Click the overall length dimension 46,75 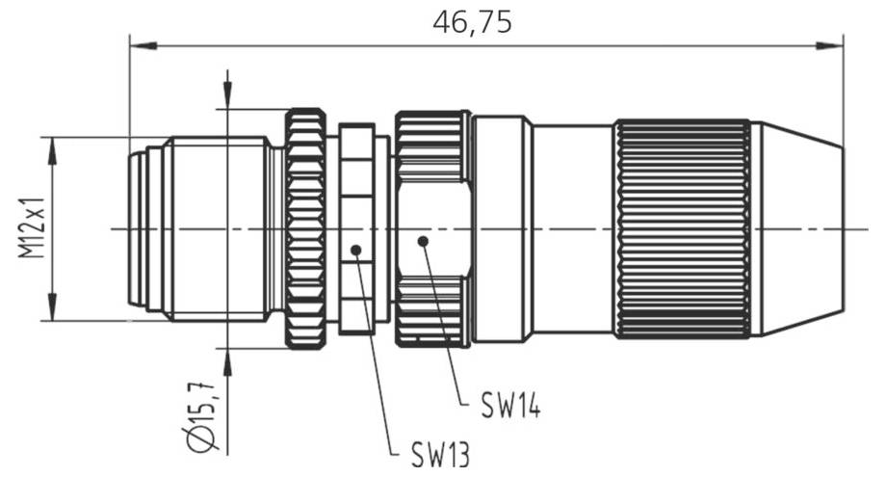pyautogui.click(x=472, y=22)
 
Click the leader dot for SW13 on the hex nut pyautogui.click(x=356, y=251)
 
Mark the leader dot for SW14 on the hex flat pyautogui.click(x=421, y=241)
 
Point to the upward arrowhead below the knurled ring pyautogui.click(x=227, y=360)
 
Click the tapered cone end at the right pyautogui.click(x=796, y=229)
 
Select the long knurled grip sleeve pyautogui.click(x=682, y=229)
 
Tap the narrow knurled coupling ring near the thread pyautogui.click(x=306, y=229)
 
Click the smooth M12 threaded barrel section pyautogui.click(x=217, y=229)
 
